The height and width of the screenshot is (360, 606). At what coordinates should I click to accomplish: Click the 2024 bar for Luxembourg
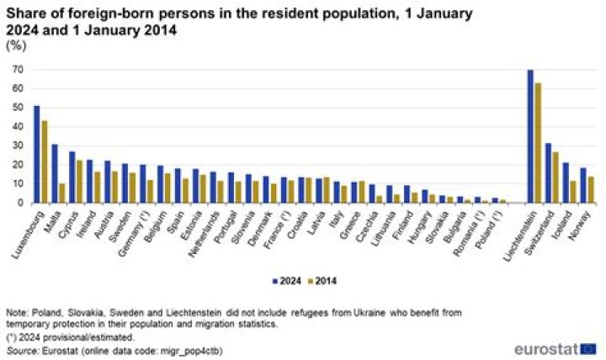[36, 154]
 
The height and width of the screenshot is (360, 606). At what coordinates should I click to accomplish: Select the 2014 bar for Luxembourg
[44, 161]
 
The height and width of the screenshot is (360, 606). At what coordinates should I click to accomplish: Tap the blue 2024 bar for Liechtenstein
[530, 136]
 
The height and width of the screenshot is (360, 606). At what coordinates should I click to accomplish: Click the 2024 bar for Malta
[55, 173]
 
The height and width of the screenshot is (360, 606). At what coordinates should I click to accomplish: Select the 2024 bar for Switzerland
[549, 172]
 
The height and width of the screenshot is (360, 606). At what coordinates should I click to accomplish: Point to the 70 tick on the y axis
[18, 70]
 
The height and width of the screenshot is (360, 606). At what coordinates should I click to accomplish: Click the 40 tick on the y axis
[18, 127]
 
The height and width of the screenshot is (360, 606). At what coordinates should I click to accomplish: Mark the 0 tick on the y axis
[20, 203]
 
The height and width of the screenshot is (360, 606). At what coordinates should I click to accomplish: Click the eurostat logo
[555, 347]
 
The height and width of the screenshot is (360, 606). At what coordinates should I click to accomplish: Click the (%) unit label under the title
[16, 45]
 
